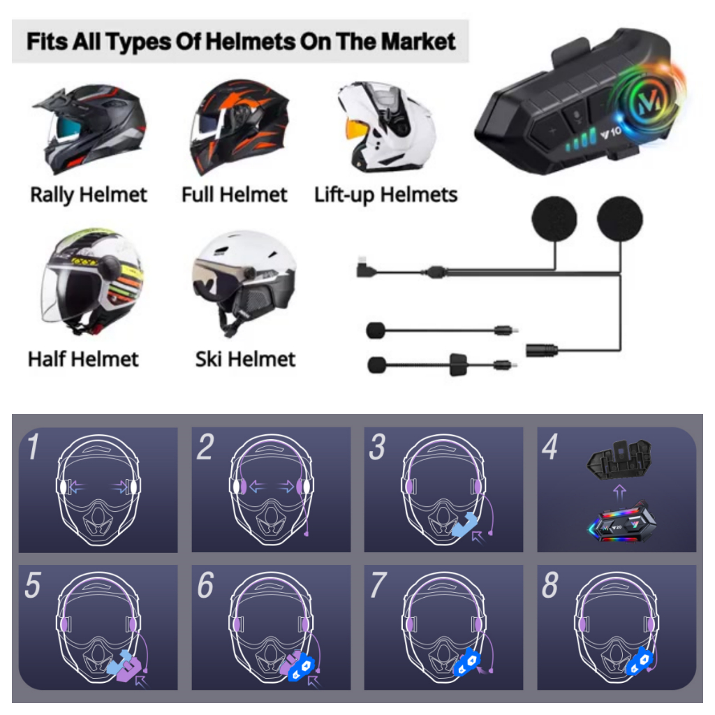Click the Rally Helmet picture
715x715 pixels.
point(89,128)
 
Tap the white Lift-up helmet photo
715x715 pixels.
point(387,127)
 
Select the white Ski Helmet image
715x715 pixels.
point(244,283)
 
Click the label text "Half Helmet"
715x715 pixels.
point(83,360)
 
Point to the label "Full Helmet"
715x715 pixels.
point(235,195)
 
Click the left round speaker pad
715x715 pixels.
point(554,219)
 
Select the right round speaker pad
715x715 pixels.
point(620,219)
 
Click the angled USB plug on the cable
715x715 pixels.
point(364,267)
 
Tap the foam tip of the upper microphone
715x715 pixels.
point(376,330)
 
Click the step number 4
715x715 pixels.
point(550,448)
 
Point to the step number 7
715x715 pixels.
point(378,585)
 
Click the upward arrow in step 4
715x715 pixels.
point(619,492)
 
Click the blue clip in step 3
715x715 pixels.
point(464,524)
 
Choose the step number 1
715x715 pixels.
point(34,448)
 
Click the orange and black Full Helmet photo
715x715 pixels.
point(239,127)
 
